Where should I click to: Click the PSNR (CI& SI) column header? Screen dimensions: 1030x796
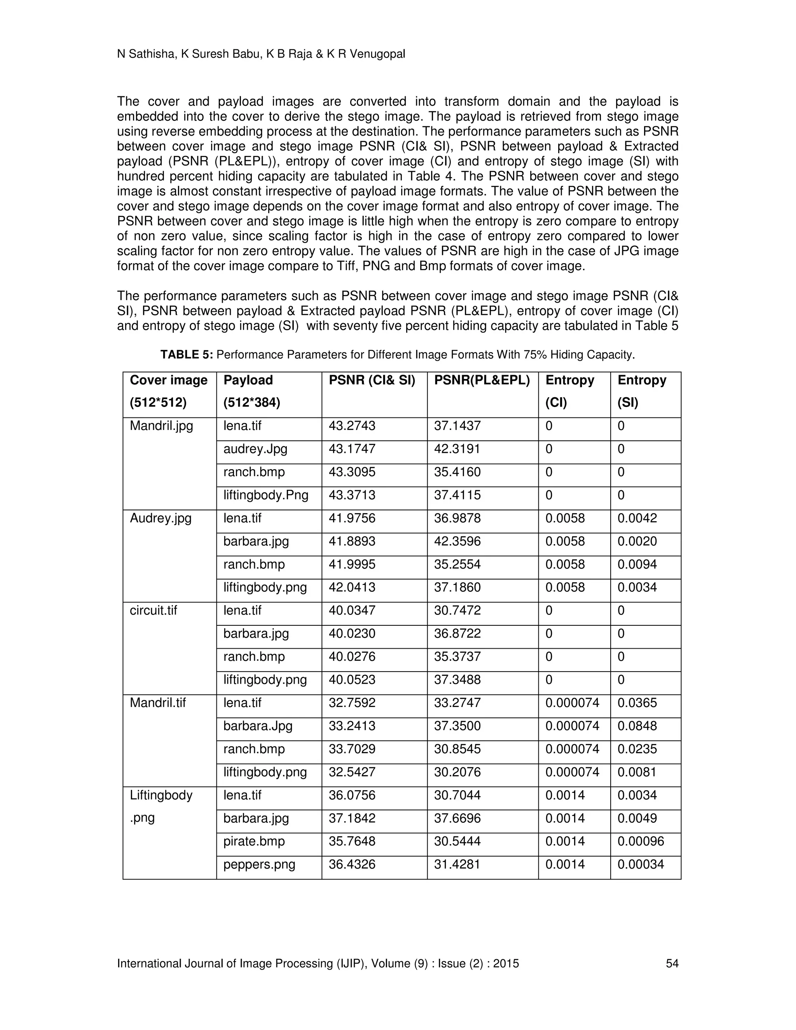coord(372,380)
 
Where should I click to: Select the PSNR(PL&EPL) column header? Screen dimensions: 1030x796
coord(482,380)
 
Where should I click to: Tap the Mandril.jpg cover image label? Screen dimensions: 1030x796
coord(161,426)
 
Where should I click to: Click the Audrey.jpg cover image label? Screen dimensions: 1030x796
coord(161,518)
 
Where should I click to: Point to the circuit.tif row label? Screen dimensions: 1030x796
coord(153,610)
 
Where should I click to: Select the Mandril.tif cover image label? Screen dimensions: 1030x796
coord(157,703)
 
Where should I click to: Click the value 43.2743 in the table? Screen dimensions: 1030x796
coord(352,426)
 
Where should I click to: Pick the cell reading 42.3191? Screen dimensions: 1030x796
coord(457,449)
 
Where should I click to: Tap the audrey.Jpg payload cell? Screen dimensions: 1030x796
coord(255,449)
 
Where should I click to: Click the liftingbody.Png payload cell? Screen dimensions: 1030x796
coord(265,495)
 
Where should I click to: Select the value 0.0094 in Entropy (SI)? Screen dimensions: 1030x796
coord(637,564)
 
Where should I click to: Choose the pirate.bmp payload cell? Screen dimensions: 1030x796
coord(254,841)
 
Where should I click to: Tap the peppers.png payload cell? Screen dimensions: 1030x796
coord(259,864)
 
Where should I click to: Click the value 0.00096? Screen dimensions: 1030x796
coord(641,841)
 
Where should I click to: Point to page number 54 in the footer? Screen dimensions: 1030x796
coord(672,964)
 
